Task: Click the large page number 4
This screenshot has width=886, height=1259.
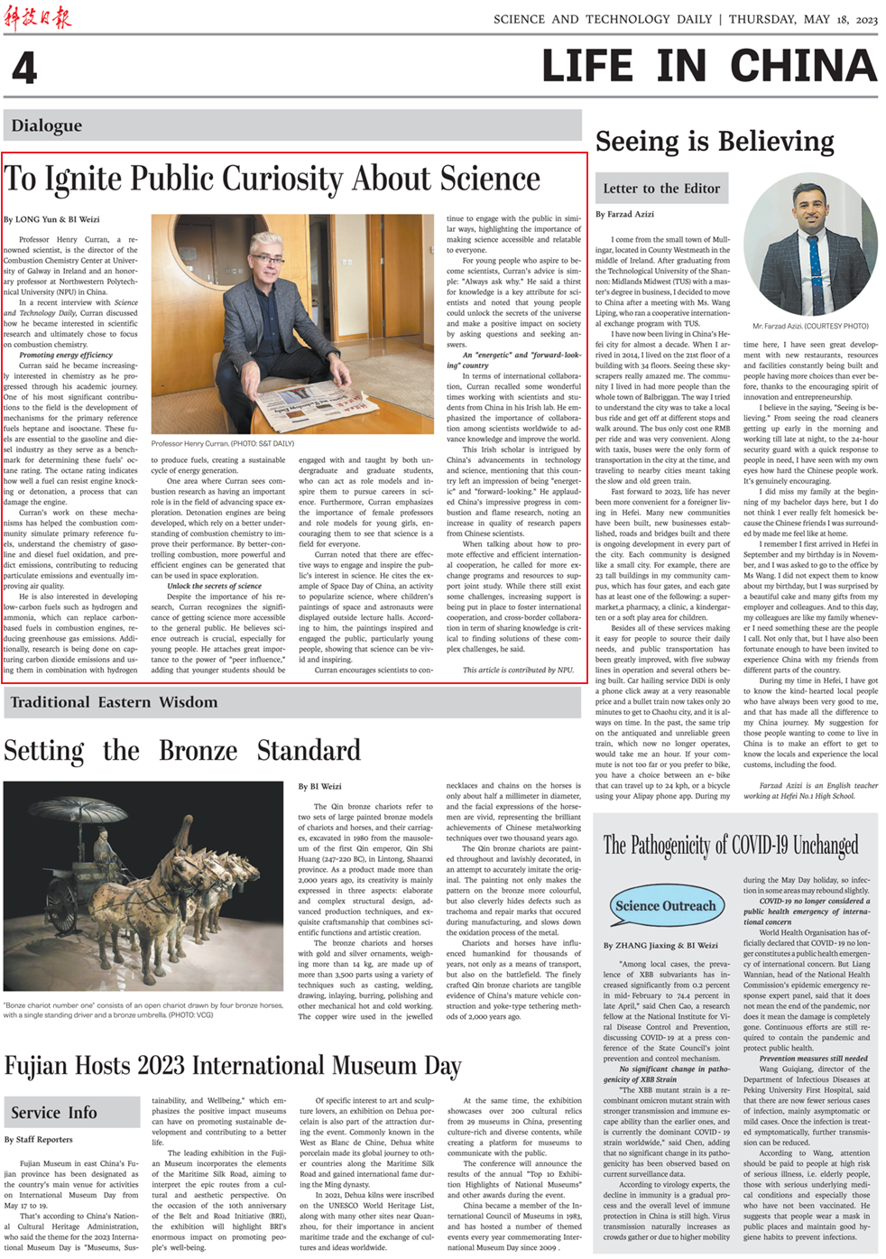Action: pos(24,68)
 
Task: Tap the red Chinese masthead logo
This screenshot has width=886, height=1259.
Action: pos(37,17)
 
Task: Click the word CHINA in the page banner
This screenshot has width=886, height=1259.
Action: pos(803,66)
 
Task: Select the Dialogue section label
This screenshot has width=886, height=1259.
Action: pos(47,125)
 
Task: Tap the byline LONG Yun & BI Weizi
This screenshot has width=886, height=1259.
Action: pos(51,219)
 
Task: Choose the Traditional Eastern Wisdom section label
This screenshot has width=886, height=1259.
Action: pos(114,702)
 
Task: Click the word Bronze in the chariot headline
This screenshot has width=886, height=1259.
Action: pos(198,751)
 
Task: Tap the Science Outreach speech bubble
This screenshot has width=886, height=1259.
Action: pos(664,906)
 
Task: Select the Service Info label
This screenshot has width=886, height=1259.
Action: pos(54,1113)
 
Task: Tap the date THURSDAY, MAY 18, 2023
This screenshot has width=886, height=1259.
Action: pos(803,19)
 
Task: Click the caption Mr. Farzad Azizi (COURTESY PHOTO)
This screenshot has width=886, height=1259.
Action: pos(810,326)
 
